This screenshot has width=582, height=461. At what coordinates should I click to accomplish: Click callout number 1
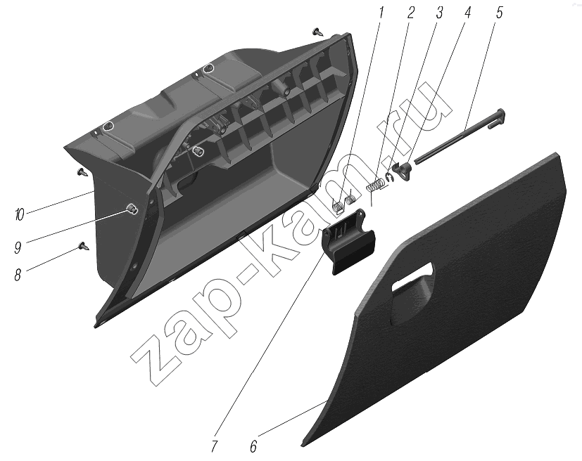pos(381,12)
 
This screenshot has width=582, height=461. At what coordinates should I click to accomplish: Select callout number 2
pos(410,12)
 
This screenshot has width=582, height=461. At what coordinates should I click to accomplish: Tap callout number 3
pos(439,13)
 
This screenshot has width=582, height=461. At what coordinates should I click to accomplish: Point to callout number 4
pos(468,12)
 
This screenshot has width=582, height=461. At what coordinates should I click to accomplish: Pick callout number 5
pos(499,12)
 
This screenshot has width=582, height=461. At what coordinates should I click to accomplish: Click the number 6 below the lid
pos(253,446)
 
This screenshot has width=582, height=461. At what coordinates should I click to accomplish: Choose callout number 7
pos(214,446)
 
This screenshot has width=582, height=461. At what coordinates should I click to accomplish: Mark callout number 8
pos(18,275)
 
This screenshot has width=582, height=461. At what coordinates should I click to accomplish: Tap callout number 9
pos(18,247)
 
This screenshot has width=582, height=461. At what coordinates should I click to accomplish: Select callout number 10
pos(19,215)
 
